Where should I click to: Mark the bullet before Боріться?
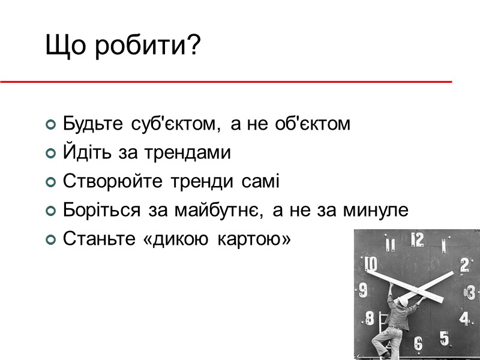51,211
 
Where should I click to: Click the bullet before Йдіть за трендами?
51,154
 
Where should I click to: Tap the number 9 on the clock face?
364,292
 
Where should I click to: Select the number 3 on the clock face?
471,293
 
